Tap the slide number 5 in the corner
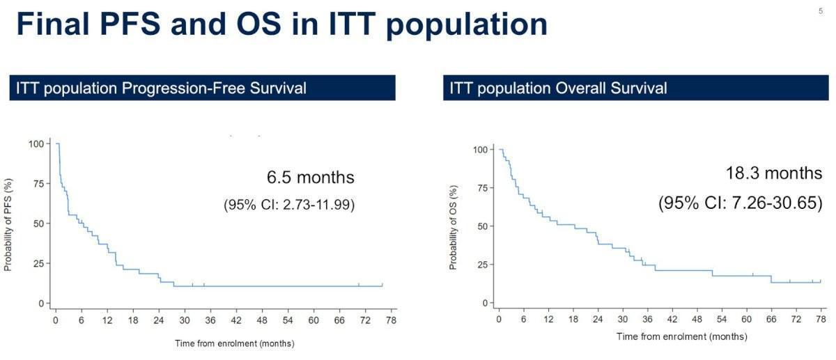(820, 10)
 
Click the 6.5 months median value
(311, 178)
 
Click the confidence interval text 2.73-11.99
(289, 205)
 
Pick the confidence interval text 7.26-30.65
(741, 203)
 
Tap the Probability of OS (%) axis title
(453, 226)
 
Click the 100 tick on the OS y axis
(479, 150)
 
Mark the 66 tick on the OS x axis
(771, 318)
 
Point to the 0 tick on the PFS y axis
(40, 304)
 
